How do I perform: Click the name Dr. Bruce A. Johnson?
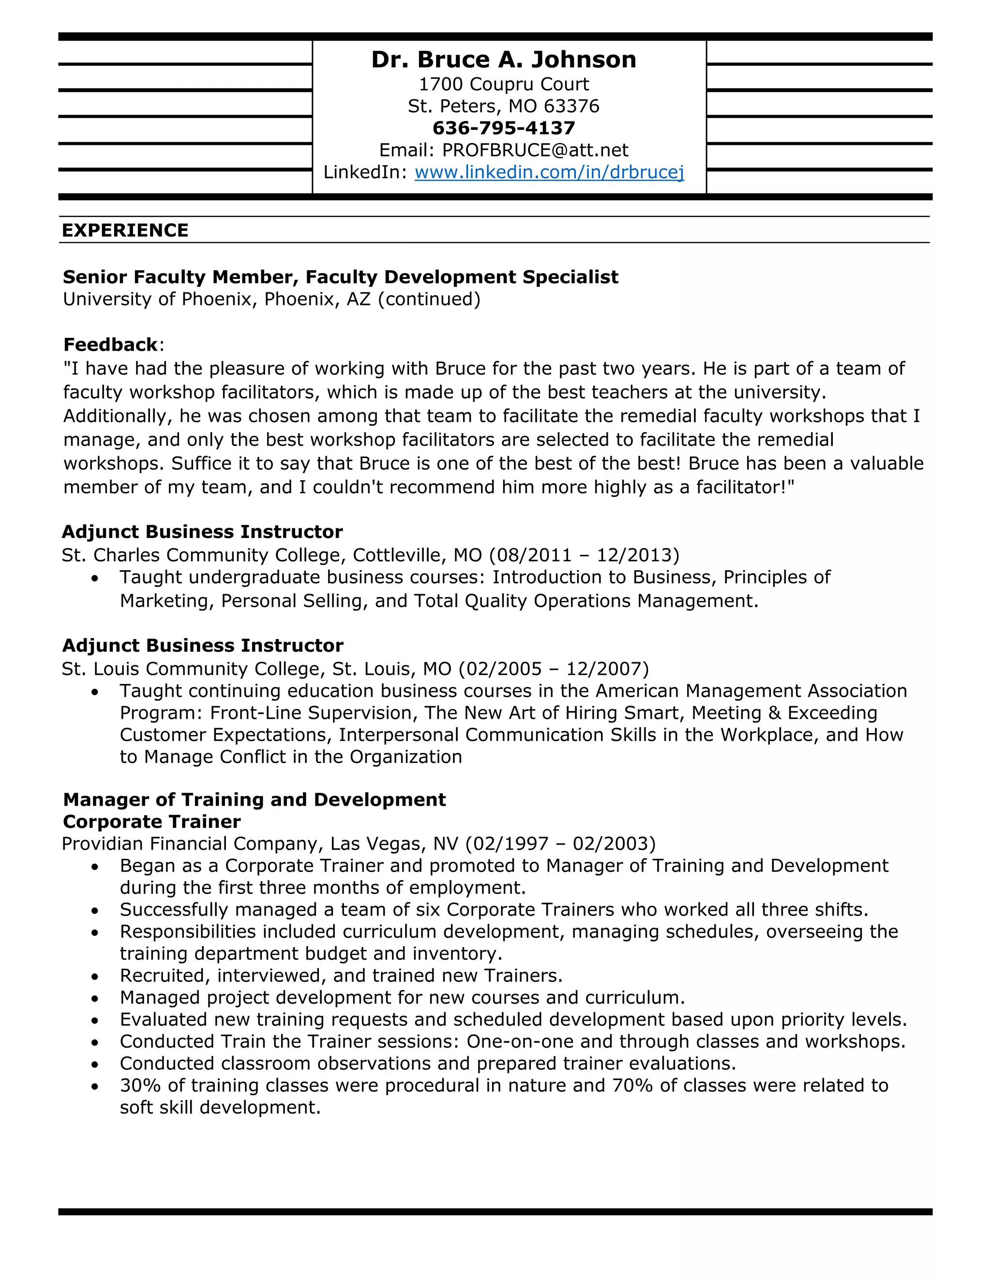pyautogui.click(x=503, y=60)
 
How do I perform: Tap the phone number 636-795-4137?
pyautogui.click(x=503, y=128)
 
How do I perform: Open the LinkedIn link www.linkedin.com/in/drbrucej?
pyautogui.click(x=549, y=172)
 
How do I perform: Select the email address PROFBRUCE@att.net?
pyautogui.click(x=535, y=151)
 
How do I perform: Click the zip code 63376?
pyautogui.click(x=571, y=107)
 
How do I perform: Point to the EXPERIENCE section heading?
pyautogui.click(x=125, y=230)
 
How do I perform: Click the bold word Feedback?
pyautogui.click(x=110, y=344)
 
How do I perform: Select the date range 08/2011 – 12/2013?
pyautogui.click(x=584, y=555)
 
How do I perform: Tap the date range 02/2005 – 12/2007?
pyautogui.click(x=554, y=669)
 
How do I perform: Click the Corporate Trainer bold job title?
pyautogui.click(x=151, y=822)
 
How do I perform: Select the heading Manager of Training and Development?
pyautogui.click(x=254, y=799)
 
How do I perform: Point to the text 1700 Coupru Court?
pyautogui.click(x=503, y=85)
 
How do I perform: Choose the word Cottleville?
pyautogui.click(x=397, y=555)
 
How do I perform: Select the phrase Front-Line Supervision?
pyautogui.click(x=312, y=713)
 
